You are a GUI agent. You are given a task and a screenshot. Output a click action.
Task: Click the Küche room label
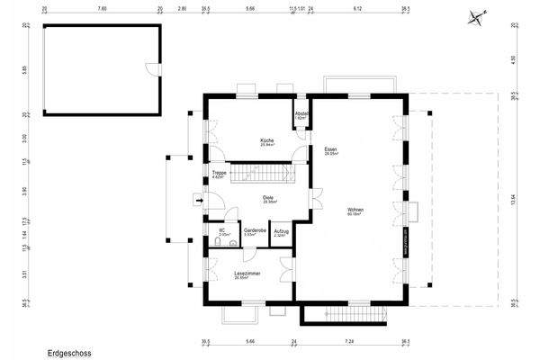tap(267, 141)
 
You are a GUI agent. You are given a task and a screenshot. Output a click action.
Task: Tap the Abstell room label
tap(303, 114)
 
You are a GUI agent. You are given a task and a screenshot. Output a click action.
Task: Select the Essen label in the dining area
tap(330, 150)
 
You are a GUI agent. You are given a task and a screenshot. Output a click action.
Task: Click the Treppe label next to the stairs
tap(219, 174)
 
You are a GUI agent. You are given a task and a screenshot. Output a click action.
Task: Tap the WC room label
tap(221, 231)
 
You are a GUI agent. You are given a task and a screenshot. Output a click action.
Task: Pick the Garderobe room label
tap(254, 231)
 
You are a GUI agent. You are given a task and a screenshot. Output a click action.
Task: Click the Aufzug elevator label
tap(281, 231)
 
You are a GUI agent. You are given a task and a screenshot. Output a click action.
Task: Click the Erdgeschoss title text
tap(70, 354)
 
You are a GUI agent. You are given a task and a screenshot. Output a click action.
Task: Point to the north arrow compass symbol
tap(475, 15)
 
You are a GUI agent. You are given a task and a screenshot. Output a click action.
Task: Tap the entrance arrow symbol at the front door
tap(198, 200)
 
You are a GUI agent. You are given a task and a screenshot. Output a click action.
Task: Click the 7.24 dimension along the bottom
tap(350, 342)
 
